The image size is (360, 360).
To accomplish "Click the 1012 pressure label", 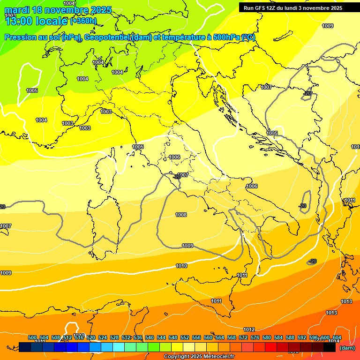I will click(249, 330).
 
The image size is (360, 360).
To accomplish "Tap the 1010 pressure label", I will click(181, 266).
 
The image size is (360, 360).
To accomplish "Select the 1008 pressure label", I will click(181, 215).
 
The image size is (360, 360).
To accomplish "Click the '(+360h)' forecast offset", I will click(83, 21).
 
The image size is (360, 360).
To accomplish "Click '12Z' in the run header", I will click(277, 8).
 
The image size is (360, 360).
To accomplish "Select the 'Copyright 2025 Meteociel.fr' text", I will click(199, 356).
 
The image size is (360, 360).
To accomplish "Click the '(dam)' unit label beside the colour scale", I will click(347, 348).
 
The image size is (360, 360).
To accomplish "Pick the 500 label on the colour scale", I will click(32, 337).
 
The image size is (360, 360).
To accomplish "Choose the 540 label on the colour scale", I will click(150, 337).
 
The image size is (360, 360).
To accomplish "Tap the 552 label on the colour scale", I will click(185, 337).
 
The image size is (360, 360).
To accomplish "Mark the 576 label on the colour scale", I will click(255, 337).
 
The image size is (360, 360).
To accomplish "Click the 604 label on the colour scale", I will click(337, 337).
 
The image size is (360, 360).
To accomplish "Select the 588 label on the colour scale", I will click(290, 337).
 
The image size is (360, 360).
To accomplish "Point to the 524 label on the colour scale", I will click(103, 337).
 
